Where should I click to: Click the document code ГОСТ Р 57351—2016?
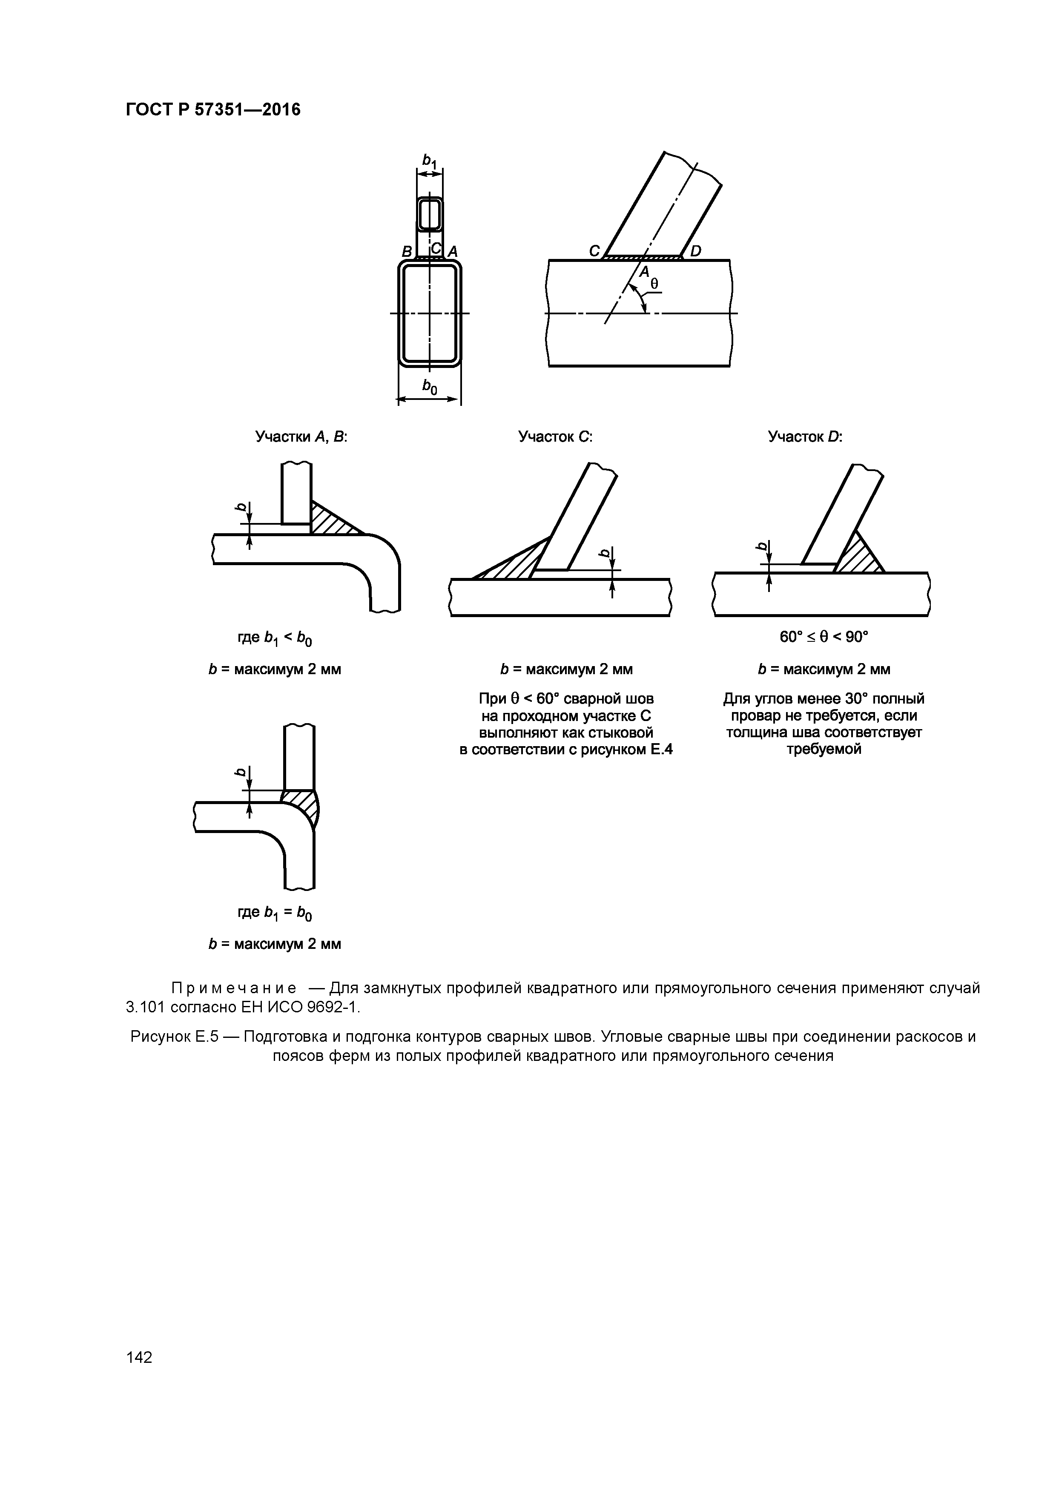213,110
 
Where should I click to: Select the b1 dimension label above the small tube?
430,160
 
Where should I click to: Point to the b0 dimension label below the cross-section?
430,388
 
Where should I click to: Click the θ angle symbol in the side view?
654,284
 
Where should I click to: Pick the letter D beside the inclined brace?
695,250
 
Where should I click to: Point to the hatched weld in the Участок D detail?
858,555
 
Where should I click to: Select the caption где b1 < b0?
275,638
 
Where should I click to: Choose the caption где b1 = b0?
275,913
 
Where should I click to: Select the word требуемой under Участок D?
824,749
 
